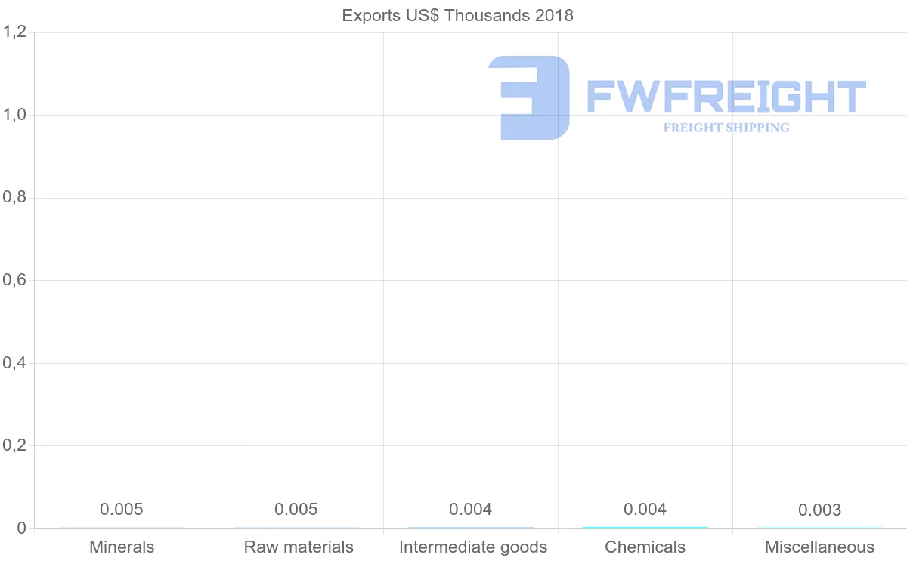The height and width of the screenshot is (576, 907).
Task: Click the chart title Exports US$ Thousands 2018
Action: coord(457,15)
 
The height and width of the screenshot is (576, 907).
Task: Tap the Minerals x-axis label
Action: coord(122,547)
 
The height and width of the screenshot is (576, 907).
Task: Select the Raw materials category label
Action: coord(299,547)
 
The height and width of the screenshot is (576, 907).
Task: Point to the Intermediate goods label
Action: coord(473,547)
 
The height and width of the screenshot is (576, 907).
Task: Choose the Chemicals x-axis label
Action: coord(645,547)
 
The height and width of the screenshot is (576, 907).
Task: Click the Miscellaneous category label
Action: coord(819,547)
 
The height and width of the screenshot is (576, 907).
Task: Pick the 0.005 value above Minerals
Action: coord(122,510)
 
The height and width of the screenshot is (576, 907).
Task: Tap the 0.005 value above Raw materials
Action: coord(296,510)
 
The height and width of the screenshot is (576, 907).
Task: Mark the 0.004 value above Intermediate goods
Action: coord(470,510)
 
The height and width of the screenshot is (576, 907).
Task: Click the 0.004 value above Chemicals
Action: coord(645,510)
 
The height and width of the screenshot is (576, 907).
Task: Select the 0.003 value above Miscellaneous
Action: coord(819,510)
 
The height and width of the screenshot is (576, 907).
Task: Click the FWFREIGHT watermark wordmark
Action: coord(726,97)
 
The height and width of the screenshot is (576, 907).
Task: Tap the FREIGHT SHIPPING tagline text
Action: coord(726,128)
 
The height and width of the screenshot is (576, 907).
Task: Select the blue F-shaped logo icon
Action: coord(529,97)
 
